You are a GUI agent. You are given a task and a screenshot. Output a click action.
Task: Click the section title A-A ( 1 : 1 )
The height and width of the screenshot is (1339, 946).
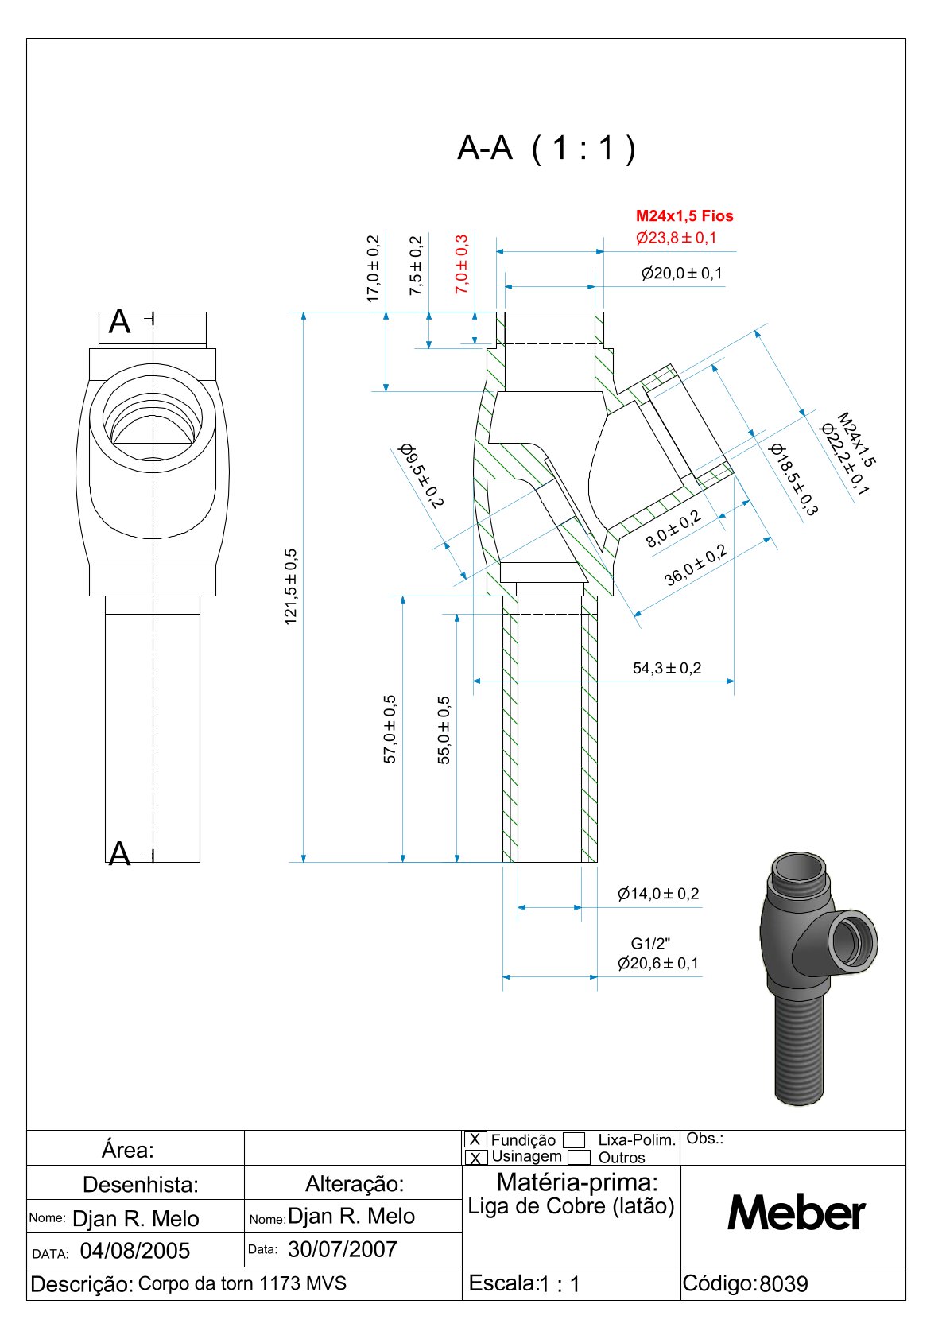tap(546, 149)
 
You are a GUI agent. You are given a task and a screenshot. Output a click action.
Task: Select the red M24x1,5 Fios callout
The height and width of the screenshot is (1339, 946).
tap(684, 216)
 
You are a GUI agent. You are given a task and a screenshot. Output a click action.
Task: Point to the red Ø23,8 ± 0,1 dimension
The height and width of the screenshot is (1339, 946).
tap(676, 238)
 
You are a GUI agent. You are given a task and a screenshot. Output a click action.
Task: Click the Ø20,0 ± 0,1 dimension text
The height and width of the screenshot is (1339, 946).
tap(682, 274)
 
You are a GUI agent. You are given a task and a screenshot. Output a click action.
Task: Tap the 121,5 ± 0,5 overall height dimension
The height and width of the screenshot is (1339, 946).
tap(291, 586)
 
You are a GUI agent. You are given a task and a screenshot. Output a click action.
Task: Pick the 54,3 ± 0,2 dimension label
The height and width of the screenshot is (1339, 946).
tap(667, 669)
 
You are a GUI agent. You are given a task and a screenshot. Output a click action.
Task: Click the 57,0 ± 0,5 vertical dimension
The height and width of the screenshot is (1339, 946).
tap(390, 728)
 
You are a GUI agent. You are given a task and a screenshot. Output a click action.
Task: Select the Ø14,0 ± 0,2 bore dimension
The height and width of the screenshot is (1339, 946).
tap(658, 894)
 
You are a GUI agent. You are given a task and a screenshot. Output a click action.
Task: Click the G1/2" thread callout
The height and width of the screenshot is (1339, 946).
tap(651, 944)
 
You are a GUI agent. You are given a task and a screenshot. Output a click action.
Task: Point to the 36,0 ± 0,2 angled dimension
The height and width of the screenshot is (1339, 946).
tap(696, 565)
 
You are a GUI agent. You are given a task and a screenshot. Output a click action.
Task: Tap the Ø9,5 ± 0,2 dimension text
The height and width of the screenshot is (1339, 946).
tap(421, 475)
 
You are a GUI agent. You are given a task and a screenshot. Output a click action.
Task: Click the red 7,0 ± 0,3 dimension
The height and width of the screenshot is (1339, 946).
tap(462, 264)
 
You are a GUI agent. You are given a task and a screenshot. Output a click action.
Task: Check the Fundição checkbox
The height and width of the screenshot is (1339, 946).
tap(475, 1139)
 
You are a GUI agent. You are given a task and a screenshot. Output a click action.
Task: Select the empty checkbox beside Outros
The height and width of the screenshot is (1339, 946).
tap(580, 1158)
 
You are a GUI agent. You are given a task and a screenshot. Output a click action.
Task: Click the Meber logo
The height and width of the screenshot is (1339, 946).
tap(796, 1213)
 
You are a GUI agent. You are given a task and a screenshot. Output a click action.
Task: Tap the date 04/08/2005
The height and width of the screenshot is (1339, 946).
tap(135, 1252)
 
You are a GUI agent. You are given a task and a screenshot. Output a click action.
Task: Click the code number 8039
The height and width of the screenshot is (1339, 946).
tap(784, 1284)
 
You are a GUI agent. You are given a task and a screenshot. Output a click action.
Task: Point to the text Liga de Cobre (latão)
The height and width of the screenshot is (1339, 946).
tap(571, 1207)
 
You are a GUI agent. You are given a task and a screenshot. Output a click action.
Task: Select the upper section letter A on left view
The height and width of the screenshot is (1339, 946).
tap(119, 322)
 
